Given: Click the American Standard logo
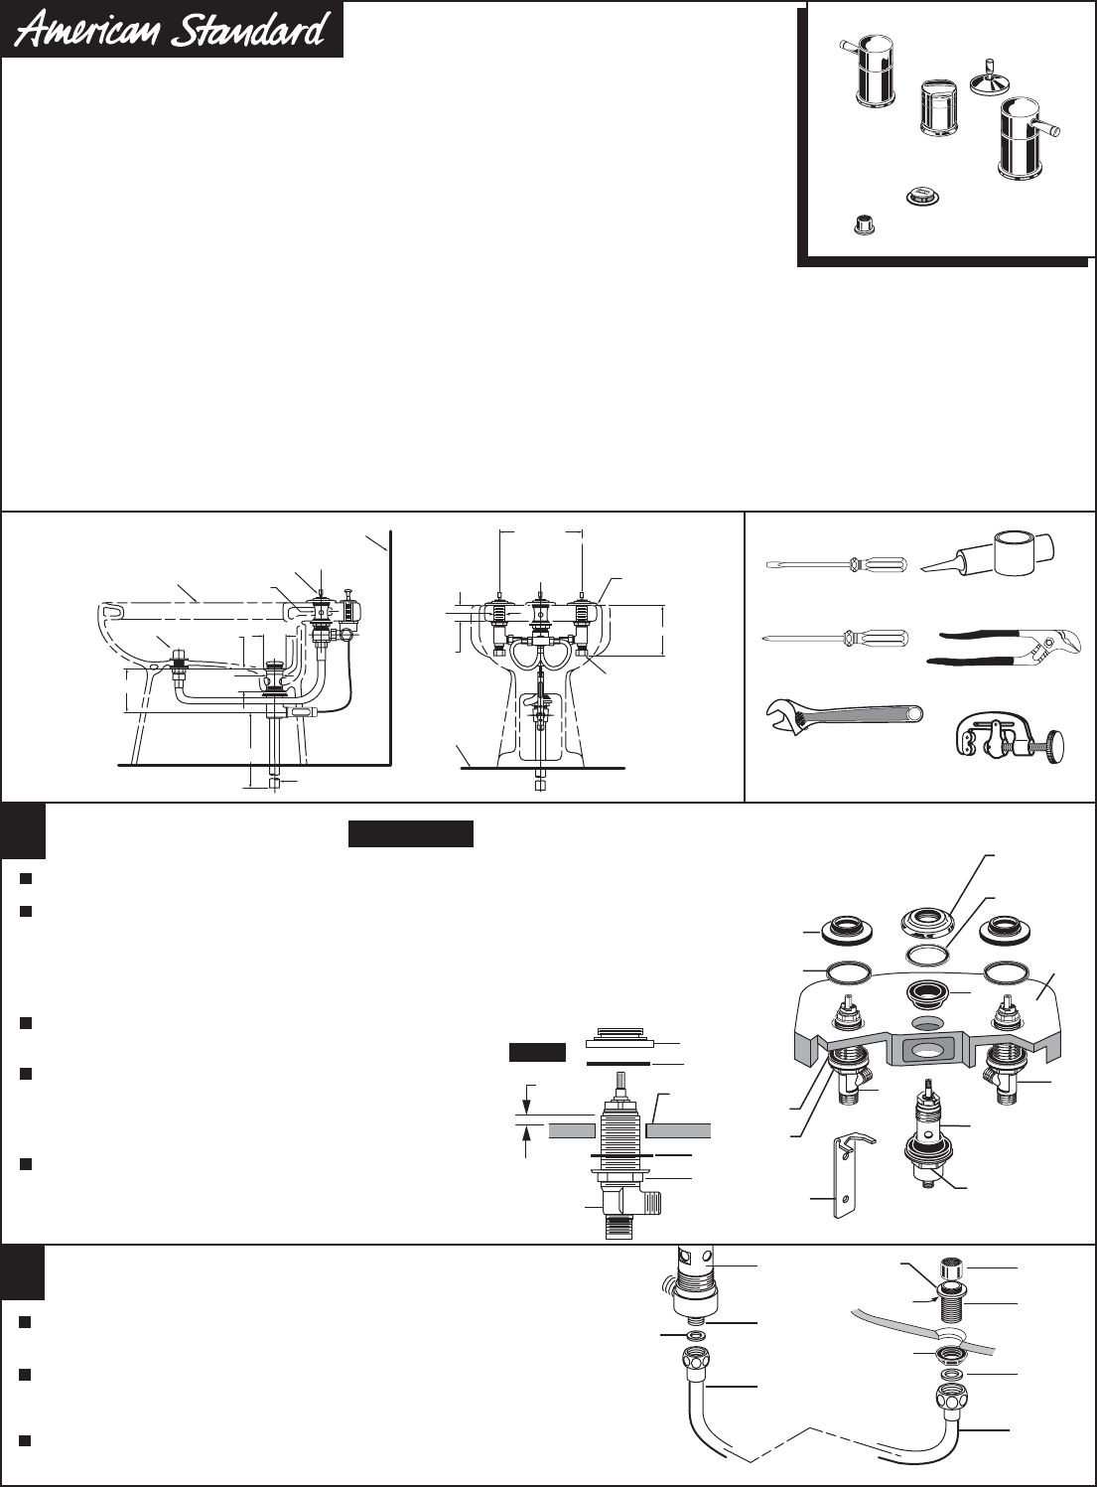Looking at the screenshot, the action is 173,29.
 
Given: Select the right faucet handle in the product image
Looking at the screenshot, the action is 1019,139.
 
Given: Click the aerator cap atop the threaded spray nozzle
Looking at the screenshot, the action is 955,1268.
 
